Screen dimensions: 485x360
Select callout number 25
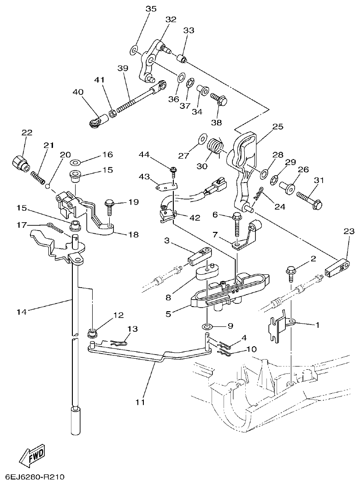point(277,126)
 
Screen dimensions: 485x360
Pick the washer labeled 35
point(134,50)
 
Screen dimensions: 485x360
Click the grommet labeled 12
point(92,331)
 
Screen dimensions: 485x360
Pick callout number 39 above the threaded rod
point(122,68)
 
